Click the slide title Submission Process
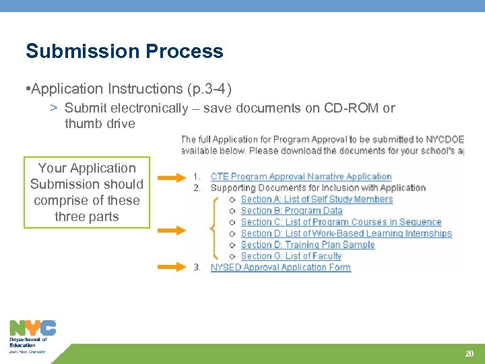(124, 51)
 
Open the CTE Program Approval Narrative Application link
(301, 177)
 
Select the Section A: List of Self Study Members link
(317, 200)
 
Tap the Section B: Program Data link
(292, 211)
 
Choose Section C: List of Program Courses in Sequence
(341, 222)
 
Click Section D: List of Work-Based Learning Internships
(346, 234)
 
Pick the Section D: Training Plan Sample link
(307, 245)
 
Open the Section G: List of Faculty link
(291, 256)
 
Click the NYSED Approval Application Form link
(281, 268)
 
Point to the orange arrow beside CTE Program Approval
(171, 178)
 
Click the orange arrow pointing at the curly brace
(171, 230)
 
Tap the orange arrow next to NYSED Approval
(171, 266)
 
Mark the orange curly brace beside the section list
(215, 229)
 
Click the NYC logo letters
(32, 328)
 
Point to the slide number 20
(470, 354)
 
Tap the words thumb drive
(100, 124)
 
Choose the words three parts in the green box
(86, 217)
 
